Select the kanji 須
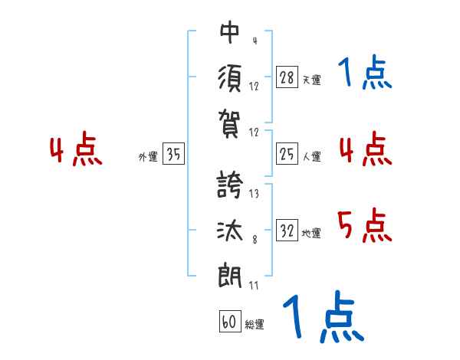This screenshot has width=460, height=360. (230, 77)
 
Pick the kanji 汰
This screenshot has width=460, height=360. (230, 229)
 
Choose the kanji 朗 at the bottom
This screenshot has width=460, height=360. (230, 274)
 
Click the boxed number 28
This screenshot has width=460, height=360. (287, 77)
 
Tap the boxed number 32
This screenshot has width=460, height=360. (287, 231)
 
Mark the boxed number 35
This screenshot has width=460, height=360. (173, 155)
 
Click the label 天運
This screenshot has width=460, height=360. (311, 80)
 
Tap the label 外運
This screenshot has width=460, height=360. (147, 157)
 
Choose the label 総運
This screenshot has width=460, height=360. (255, 325)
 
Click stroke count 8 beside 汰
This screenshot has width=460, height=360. (254, 240)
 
